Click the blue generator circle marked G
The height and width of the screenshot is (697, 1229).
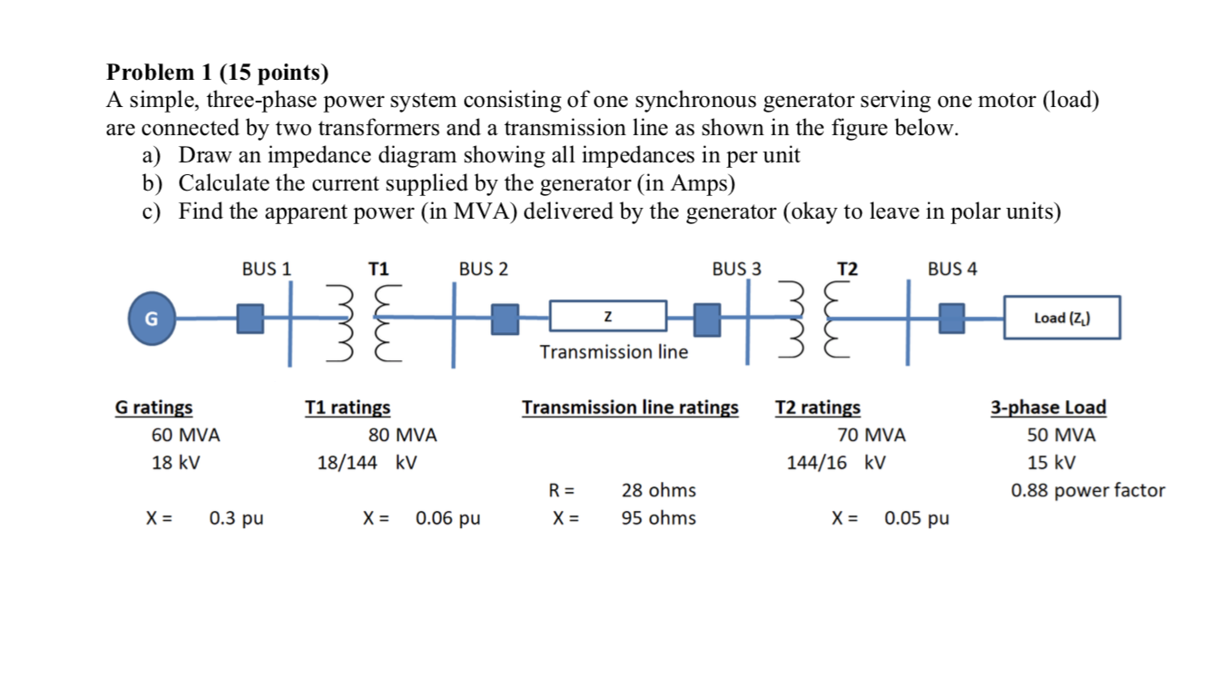click(152, 319)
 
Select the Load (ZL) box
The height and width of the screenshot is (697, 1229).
click(1061, 318)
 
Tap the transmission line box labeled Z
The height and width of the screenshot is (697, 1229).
click(607, 318)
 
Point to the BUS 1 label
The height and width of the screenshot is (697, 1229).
click(267, 269)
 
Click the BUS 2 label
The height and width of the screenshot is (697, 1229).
click(484, 269)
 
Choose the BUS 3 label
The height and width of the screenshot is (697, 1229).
click(737, 269)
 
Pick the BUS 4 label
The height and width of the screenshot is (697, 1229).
click(952, 269)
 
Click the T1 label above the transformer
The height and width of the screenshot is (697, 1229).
click(379, 269)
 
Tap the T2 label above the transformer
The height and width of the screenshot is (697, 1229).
click(847, 269)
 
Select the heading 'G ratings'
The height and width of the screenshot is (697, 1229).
click(153, 407)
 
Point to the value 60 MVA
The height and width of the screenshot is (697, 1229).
click(185, 435)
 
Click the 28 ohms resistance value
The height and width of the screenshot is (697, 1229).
click(658, 490)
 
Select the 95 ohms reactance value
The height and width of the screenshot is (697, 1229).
click(658, 518)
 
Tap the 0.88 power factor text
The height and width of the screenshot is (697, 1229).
click(1087, 490)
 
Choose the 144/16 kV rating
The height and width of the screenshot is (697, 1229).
click(836, 462)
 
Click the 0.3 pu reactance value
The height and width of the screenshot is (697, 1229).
click(236, 518)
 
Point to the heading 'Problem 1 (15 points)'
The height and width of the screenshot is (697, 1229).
click(218, 72)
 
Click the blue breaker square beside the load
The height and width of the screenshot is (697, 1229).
click(952, 319)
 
